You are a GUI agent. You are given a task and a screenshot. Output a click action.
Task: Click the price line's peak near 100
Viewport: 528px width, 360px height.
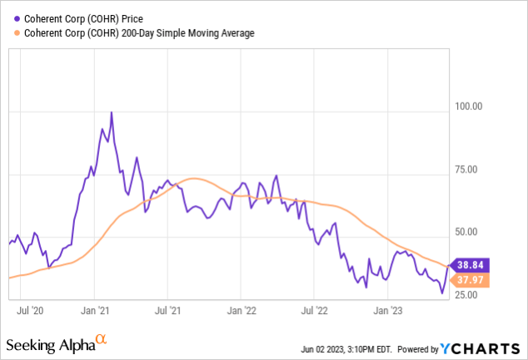[x=112, y=112]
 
